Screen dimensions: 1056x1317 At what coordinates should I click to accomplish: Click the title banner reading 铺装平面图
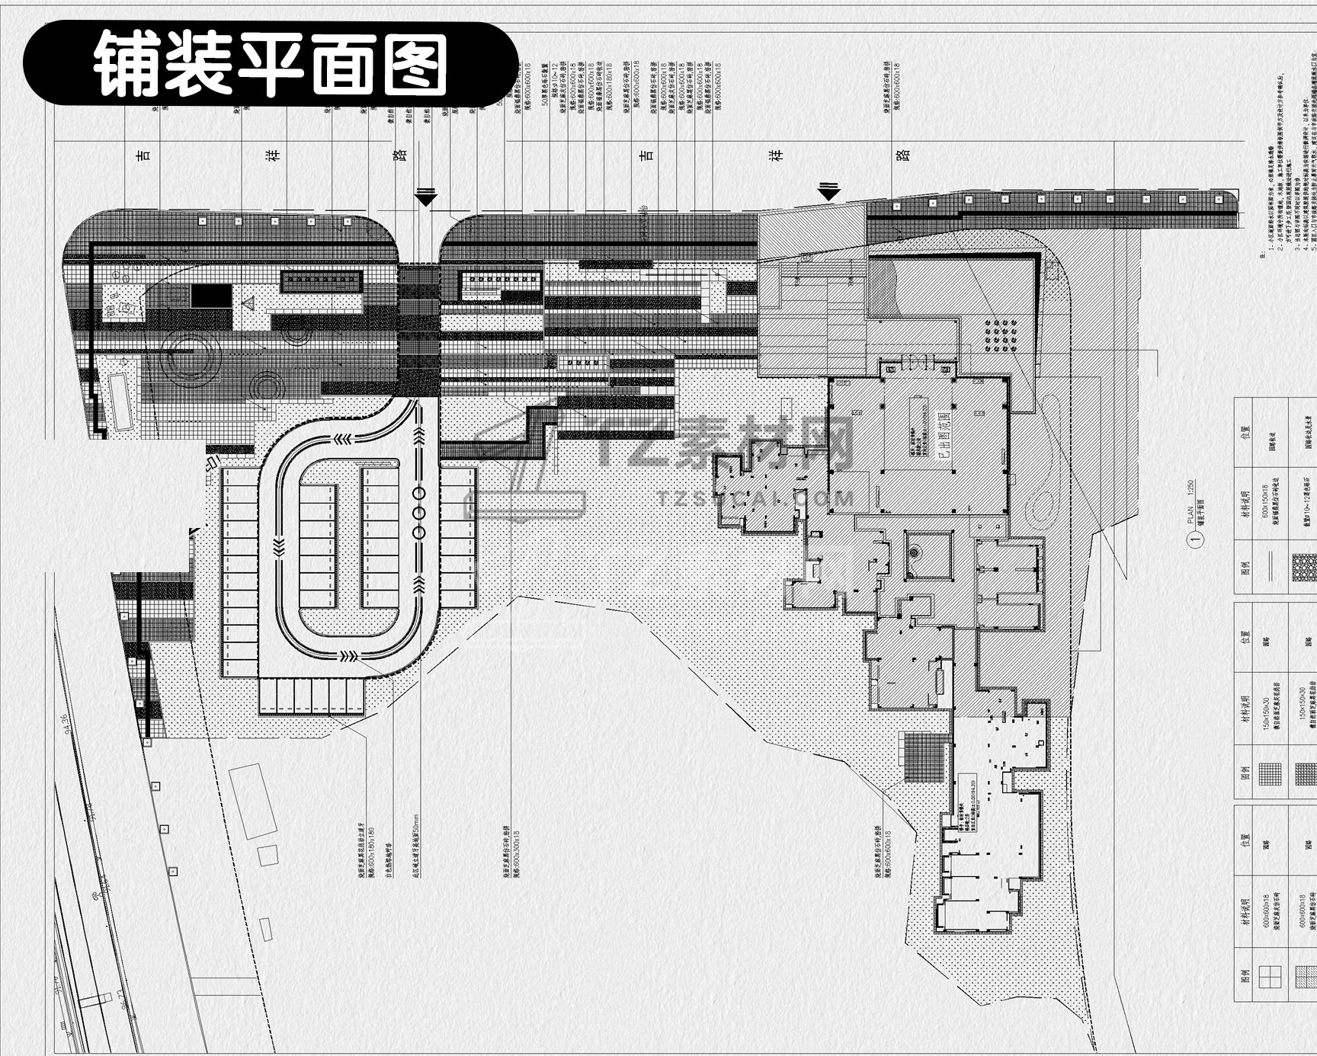click(271, 64)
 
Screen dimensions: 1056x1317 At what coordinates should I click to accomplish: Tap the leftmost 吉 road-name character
click(143, 155)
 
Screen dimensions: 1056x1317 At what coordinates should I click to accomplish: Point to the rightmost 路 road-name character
click(904, 155)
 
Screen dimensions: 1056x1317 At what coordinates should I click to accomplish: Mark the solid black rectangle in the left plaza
click(211, 296)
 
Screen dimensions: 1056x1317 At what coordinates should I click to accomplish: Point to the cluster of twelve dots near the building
click(1001, 336)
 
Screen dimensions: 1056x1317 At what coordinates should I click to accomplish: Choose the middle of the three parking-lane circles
click(419, 513)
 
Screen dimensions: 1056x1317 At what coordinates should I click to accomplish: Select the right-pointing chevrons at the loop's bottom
click(349, 655)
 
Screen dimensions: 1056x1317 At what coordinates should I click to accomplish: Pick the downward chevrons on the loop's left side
click(278, 545)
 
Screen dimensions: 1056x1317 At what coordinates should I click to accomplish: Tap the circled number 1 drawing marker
click(1195, 539)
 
